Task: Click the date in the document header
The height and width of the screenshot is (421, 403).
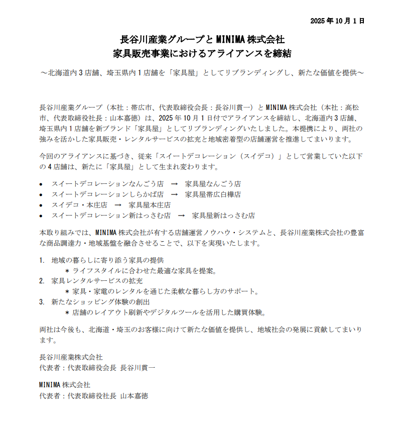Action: click(337, 21)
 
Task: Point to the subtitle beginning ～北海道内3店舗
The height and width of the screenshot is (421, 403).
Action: click(202, 72)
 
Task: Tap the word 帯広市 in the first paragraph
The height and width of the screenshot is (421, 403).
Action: click(142, 108)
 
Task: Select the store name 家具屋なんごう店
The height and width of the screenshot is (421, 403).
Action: click(213, 184)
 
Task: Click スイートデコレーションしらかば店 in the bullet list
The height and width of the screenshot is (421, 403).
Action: click(107, 194)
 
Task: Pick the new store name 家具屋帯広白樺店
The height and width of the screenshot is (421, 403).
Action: click(213, 194)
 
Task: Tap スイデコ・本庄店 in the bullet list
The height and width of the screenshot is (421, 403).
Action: click(79, 205)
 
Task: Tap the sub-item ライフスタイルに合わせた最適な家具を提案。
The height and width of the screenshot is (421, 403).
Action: click(144, 271)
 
